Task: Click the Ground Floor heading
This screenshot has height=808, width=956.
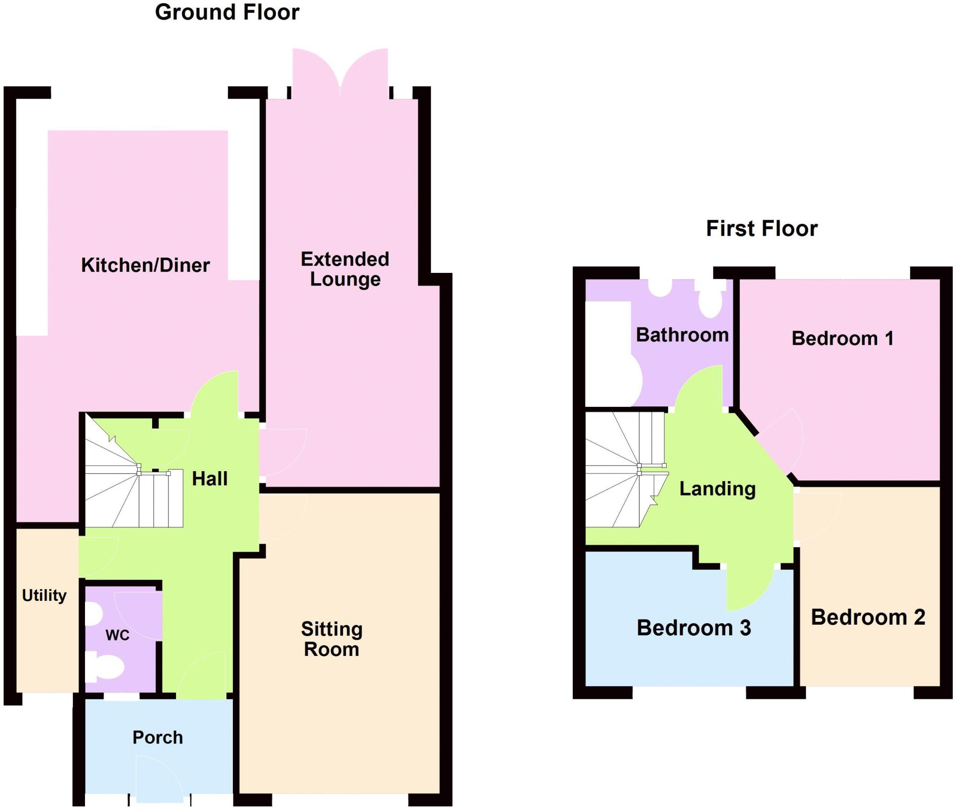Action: pyautogui.click(x=227, y=13)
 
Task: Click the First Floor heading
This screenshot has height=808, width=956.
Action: pyautogui.click(x=761, y=229)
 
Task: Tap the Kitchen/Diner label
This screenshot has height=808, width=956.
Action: pyautogui.click(x=145, y=265)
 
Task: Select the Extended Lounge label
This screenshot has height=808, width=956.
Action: pyautogui.click(x=345, y=269)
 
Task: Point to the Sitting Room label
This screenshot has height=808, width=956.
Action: pyautogui.click(x=331, y=639)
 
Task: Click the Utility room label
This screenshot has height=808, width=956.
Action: pyautogui.click(x=44, y=595)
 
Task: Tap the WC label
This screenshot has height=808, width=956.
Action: pyautogui.click(x=117, y=635)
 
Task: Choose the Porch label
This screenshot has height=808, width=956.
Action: pyautogui.click(x=157, y=737)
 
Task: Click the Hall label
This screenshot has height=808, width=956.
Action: pyautogui.click(x=210, y=479)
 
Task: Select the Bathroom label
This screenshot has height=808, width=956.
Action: pyautogui.click(x=682, y=335)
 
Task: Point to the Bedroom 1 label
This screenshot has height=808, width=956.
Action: pyautogui.click(x=843, y=338)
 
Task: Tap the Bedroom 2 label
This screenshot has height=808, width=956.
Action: pyautogui.click(x=868, y=617)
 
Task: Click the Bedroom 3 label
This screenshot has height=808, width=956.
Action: pyautogui.click(x=694, y=628)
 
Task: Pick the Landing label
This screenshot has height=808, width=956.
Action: pyautogui.click(x=717, y=488)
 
